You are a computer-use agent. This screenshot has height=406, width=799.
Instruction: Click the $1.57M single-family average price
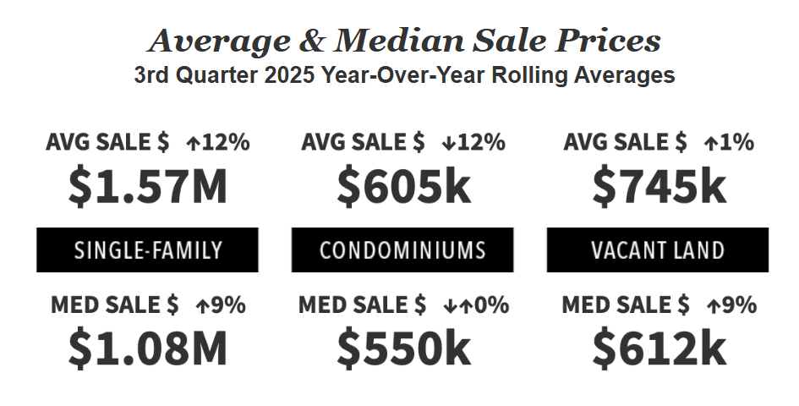click(148, 188)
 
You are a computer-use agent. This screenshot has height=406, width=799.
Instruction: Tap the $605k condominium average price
click(403, 188)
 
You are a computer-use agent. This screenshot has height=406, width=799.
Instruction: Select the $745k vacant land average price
click(659, 188)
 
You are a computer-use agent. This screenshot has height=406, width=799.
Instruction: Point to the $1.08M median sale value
click(148, 348)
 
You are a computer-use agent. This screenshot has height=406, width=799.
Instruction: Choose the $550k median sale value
click(403, 348)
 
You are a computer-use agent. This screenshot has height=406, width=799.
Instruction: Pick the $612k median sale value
click(659, 348)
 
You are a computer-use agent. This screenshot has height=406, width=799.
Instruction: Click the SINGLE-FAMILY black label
click(148, 250)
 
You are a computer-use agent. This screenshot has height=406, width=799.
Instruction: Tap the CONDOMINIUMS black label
click(402, 250)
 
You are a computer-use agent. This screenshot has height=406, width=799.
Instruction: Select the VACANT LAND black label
click(658, 250)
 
